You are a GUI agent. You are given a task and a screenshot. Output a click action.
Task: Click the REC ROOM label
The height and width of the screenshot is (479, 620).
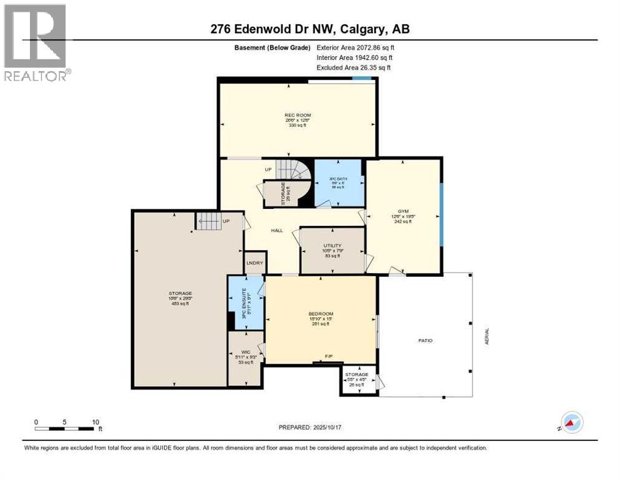pyautogui.click(x=297, y=115)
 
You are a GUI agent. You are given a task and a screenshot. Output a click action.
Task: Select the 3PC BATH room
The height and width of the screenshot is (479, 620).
pyautogui.click(x=337, y=183)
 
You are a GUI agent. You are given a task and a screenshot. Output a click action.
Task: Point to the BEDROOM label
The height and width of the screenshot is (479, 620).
pyautogui.click(x=321, y=314)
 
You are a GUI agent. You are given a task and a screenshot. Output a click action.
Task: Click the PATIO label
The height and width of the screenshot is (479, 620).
pyautogui.click(x=425, y=341)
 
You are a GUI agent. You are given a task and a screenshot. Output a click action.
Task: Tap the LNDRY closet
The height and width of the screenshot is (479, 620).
pyautogui.click(x=254, y=263)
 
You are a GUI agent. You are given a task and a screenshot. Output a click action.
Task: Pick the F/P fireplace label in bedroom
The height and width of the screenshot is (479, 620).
pyautogui.click(x=329, y=357)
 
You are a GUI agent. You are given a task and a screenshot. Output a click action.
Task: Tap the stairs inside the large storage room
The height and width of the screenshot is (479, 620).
pyautogui.click(x=208, y=221)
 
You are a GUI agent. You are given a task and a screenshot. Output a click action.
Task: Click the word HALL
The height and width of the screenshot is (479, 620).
pyautogui.click(x=277, y=230)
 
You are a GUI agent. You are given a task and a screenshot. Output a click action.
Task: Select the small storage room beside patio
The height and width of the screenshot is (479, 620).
pyautogui.click(x=357, y=379)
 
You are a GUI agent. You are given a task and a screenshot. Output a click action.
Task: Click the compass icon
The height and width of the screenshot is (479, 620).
pyautogui.click(x=571, y=422)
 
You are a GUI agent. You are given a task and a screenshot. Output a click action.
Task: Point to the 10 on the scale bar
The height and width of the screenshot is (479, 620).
pyautogui.click(x=96, y=422)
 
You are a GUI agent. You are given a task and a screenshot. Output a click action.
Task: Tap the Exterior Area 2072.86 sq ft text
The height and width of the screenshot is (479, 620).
pyautogui.click(x=356, y=47)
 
